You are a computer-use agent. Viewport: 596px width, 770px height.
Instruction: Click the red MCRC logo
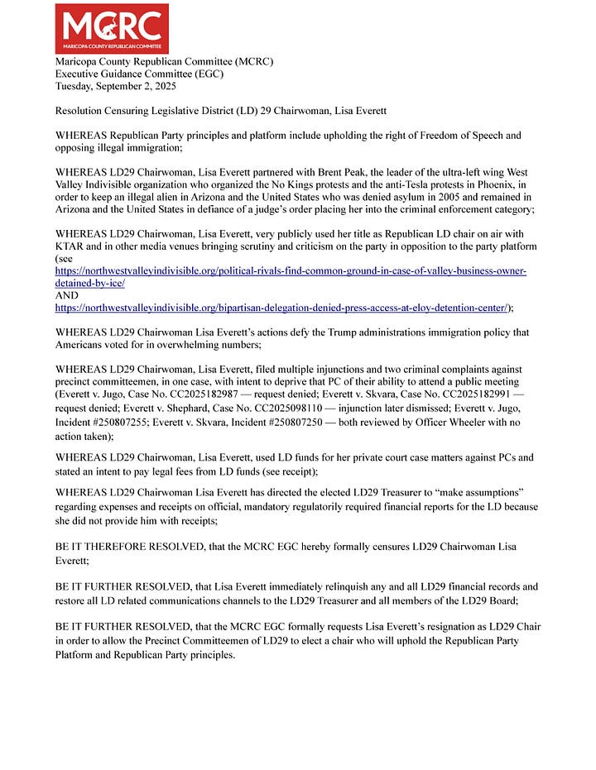tap(111, 29)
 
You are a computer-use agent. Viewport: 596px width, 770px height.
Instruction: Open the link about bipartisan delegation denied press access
tap(281, 307)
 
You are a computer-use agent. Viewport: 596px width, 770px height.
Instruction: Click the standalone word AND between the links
tap(66, 295)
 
